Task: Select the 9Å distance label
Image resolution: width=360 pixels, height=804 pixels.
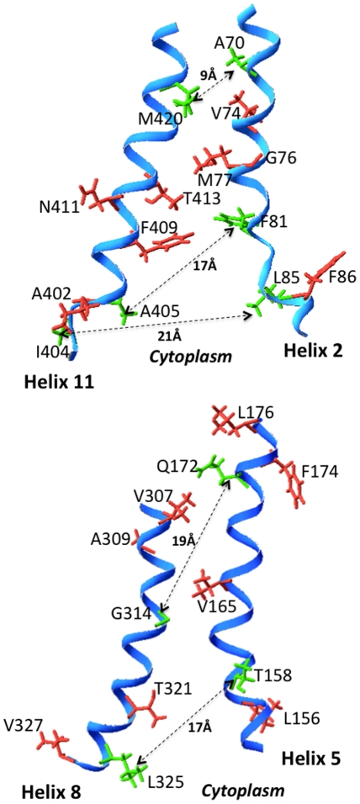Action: coord(209,75)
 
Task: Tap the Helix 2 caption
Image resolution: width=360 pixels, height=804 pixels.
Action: coord(312,350)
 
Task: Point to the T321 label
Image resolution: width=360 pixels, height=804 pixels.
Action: coord(173,689)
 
